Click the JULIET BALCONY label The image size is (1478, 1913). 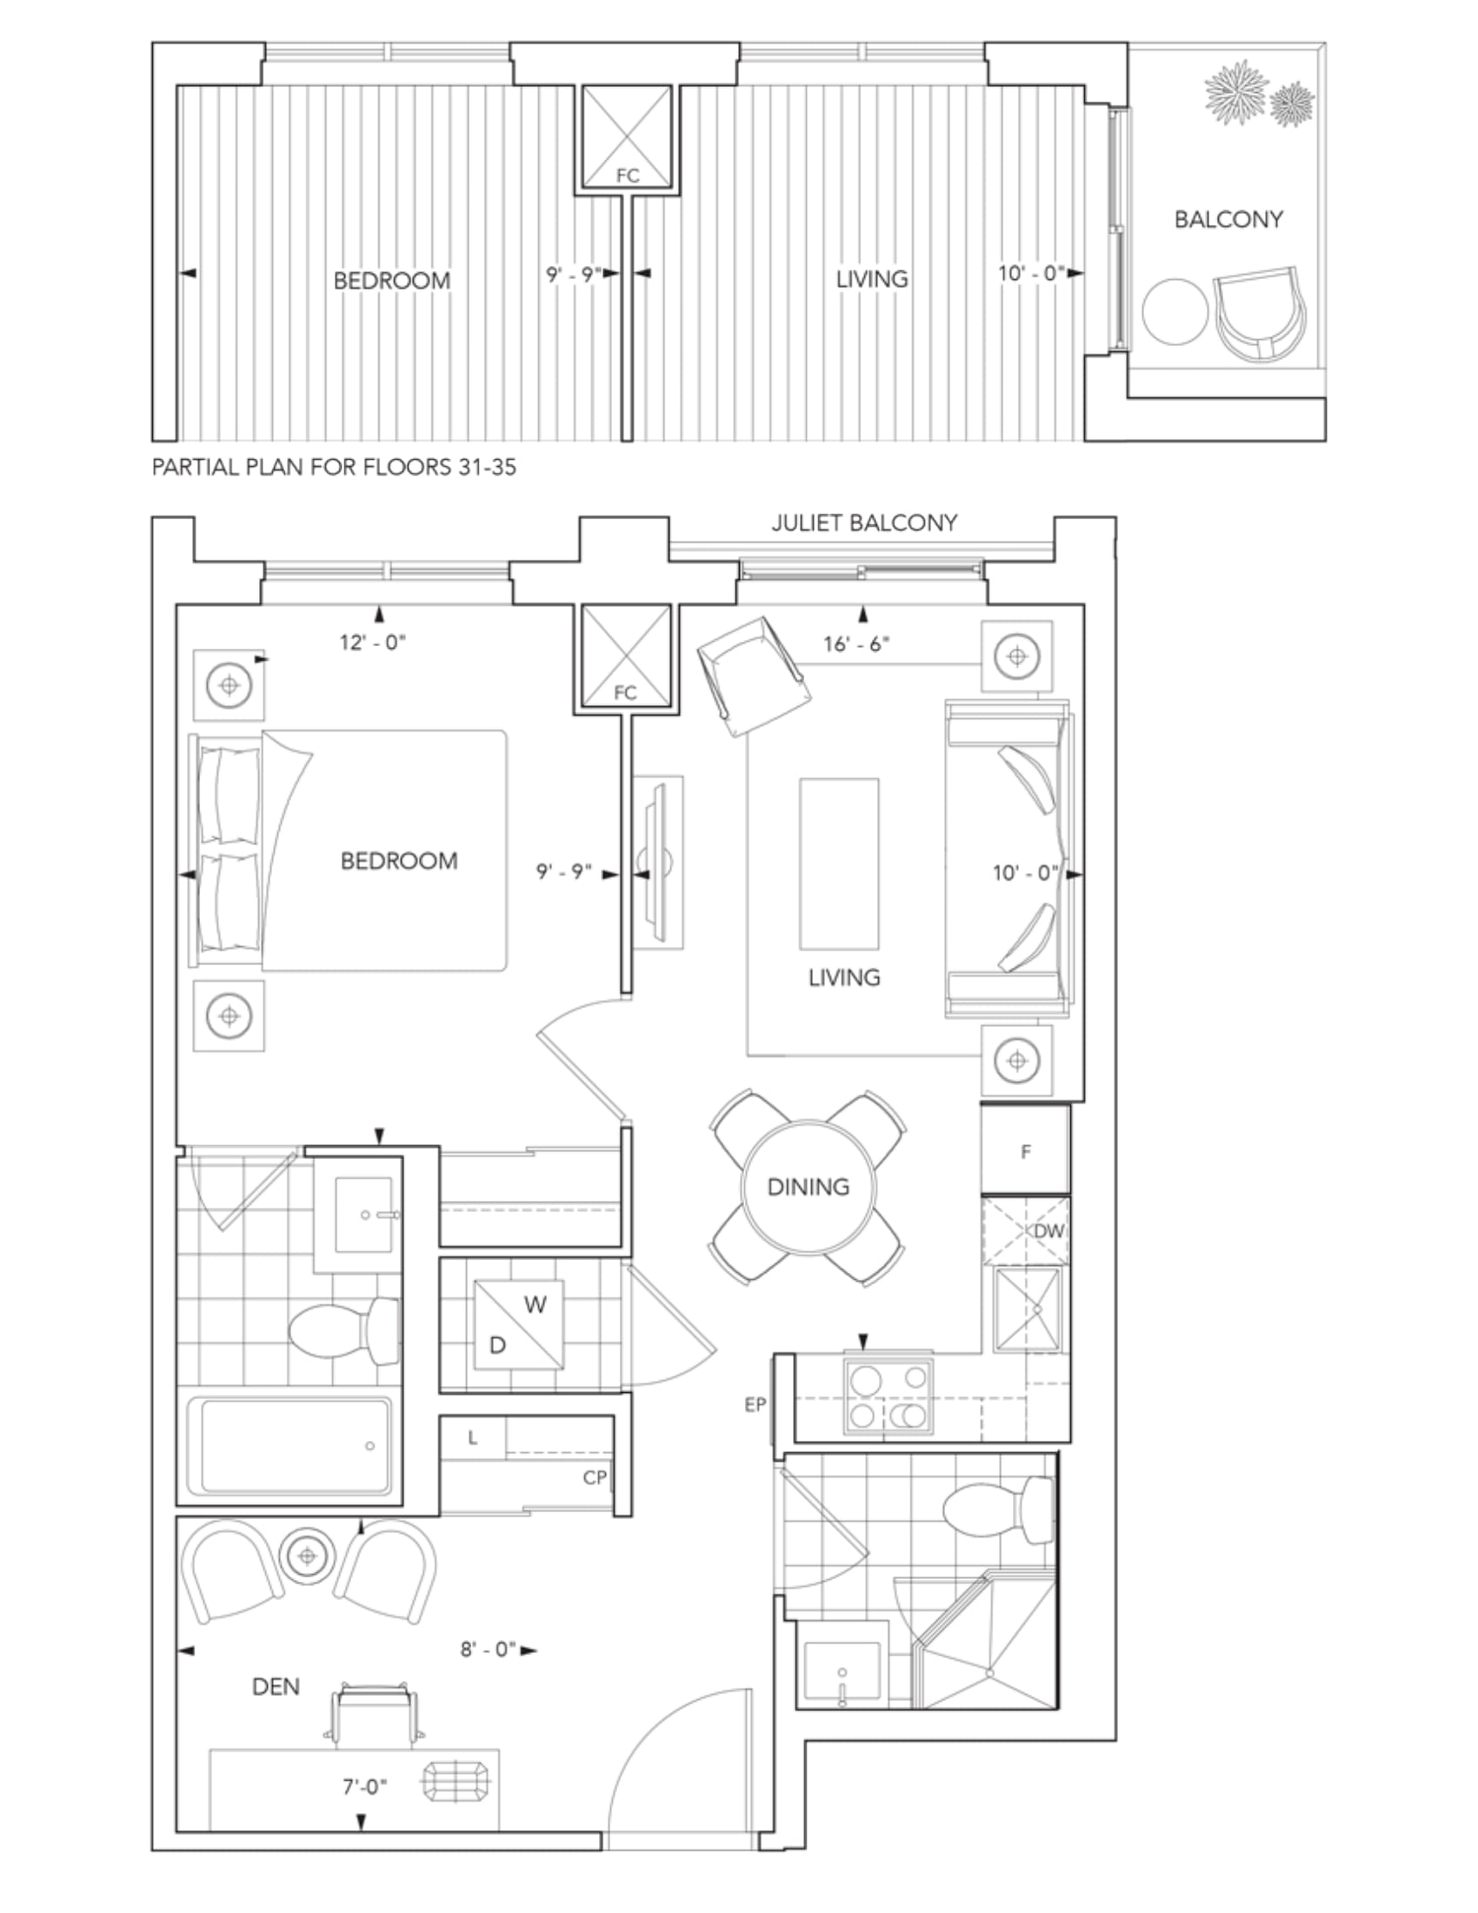864,523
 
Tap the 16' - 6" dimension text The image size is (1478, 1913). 856,643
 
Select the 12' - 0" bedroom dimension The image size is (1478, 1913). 373,643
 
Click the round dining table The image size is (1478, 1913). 809,1187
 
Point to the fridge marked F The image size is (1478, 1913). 1025,1151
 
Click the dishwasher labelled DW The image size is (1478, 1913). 1025,1231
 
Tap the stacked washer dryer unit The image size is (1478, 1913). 519,1324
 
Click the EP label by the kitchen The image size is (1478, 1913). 755,1405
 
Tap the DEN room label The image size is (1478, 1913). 276,1686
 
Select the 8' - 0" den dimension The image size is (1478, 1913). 488,1650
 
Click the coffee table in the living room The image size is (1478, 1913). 839,863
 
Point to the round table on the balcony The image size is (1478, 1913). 1175,312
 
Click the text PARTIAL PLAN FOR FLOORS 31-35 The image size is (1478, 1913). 334,467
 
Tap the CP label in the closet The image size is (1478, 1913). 595,1477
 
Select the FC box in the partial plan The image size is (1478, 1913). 627,137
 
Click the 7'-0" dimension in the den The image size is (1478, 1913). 364,1787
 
